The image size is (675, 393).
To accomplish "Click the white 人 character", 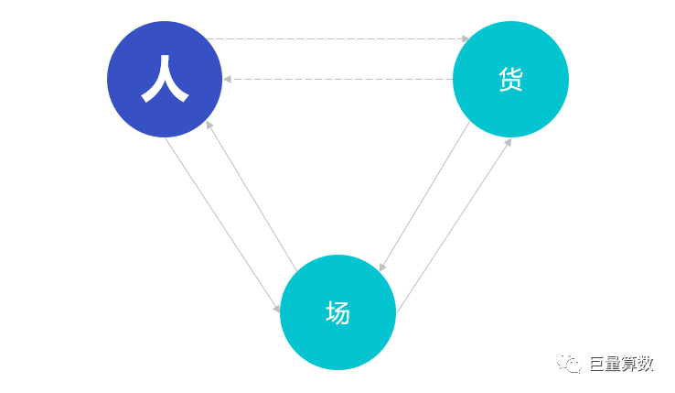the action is [165, 79].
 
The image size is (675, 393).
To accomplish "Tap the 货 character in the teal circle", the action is [511, 80].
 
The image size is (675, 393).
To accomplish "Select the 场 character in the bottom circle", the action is [337, 312].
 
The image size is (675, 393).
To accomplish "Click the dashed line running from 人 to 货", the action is [337, 38].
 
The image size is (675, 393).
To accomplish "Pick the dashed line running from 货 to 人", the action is [337, 80].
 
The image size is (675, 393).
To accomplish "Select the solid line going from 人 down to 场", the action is [222, 224].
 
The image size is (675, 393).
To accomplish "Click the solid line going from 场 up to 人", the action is [252, 196].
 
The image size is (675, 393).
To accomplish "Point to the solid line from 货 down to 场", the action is [424, 196].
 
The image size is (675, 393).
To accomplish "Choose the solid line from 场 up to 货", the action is [454, 225].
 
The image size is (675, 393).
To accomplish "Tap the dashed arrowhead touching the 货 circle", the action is [466, 38].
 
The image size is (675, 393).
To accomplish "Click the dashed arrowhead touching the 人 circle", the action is [227, 80].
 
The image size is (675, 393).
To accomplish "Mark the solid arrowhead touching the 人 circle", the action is [209, 126].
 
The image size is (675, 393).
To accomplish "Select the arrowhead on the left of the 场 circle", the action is [277, 309].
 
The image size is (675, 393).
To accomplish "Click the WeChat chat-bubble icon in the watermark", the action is [569, 364].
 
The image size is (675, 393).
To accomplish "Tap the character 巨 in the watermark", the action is [597, 364].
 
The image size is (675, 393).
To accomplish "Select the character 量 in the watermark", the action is [614, 364].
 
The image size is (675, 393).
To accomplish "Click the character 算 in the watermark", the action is [630, 364].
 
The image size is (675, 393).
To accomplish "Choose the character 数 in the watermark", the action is [646, 364].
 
